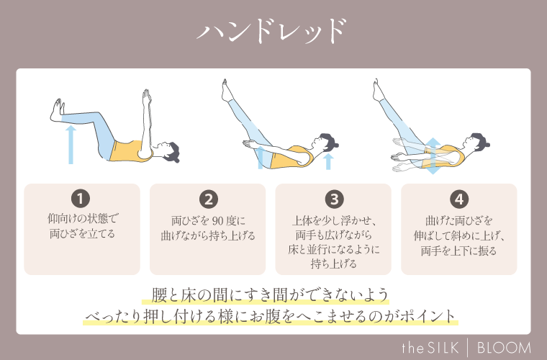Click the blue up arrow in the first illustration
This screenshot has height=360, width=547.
click(71, 145)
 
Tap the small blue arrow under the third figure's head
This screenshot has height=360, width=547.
click(328, 160)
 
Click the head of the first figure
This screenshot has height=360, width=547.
click(171, 151)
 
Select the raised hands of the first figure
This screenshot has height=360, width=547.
click(146, 96)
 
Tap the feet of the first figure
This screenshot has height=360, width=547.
click(54, 110)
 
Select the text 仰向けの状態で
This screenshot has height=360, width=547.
click(81, 219)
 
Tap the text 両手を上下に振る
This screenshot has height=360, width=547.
click(458, 251)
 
